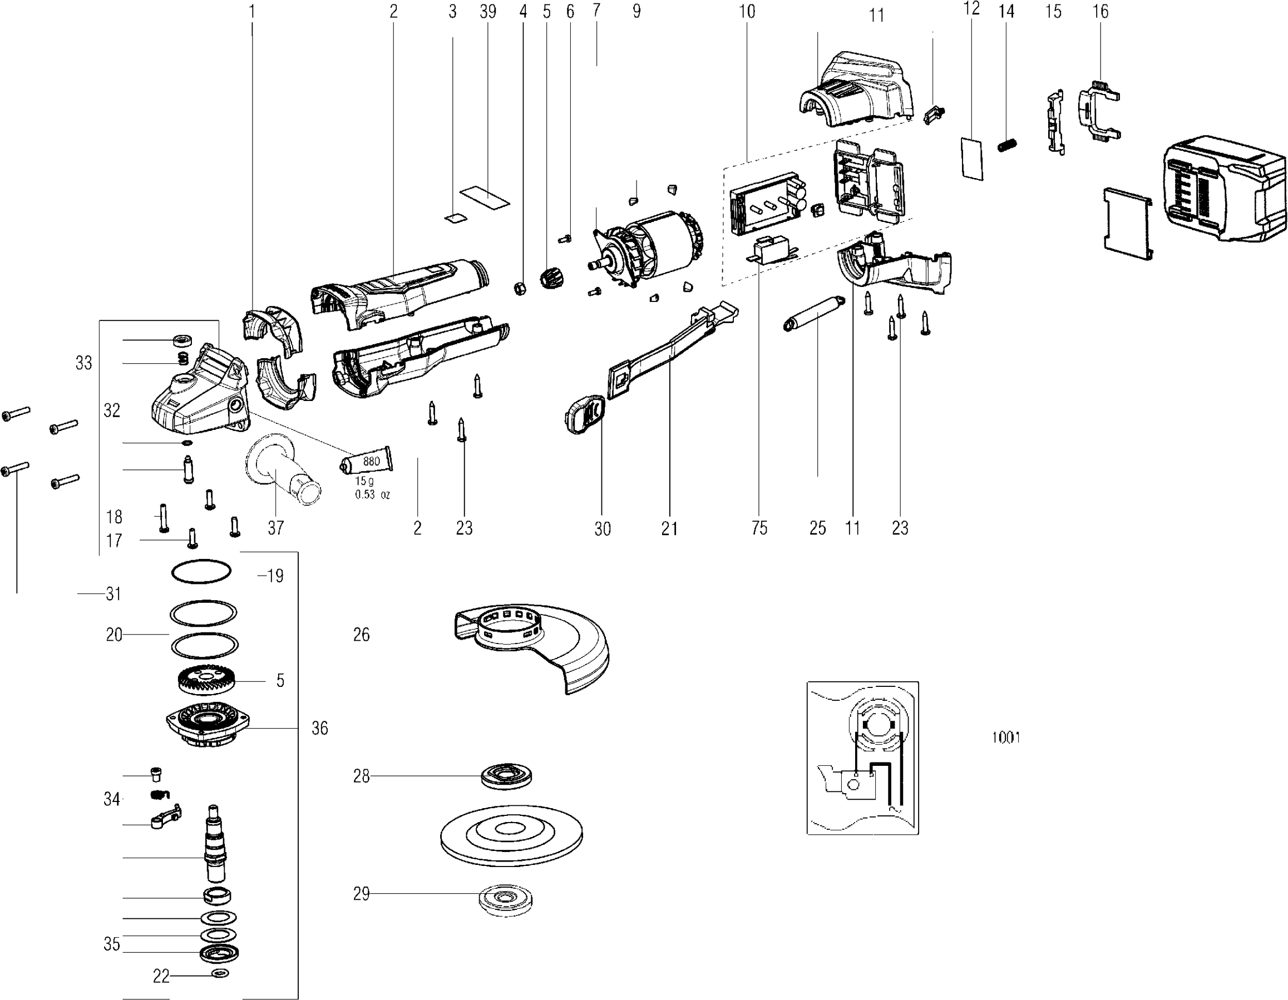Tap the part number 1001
(1005, 737)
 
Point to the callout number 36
(320, 728)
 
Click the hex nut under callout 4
(520, 288)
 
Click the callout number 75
(759, 528)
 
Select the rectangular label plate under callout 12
(971, 159)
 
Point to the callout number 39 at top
(488, 12)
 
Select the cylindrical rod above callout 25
(814, 314)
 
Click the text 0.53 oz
(372, 494)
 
